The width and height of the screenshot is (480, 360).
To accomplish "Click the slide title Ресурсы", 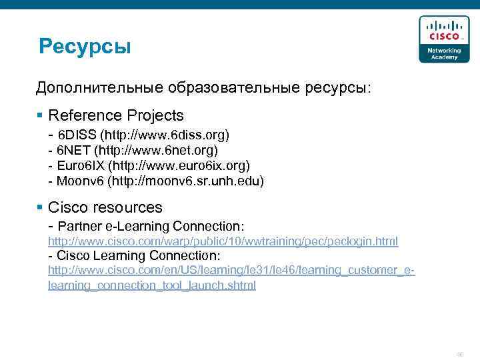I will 85,47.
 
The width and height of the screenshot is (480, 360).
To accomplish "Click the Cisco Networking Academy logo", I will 439,39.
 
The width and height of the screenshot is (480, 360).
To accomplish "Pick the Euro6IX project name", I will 79,165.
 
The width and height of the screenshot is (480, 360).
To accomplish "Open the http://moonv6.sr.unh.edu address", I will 186,180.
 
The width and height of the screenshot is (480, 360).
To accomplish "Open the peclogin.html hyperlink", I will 223,241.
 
